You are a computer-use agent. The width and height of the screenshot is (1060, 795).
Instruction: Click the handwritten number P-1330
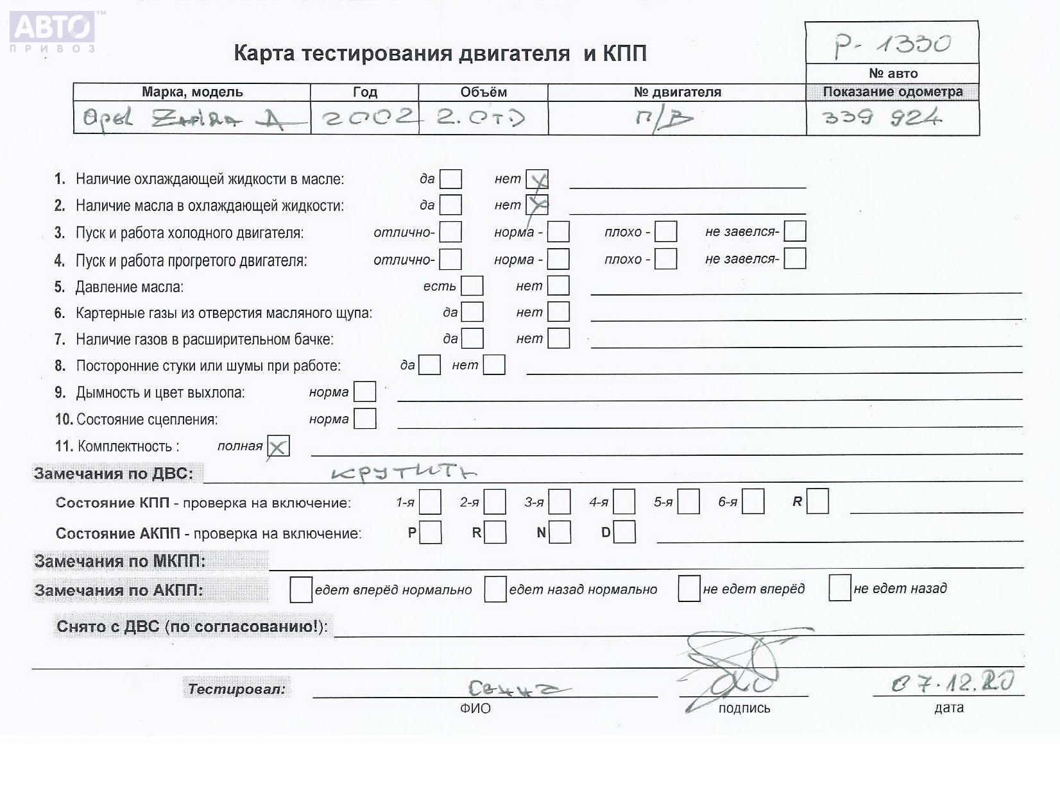pyautogui.click(x=892, y=44)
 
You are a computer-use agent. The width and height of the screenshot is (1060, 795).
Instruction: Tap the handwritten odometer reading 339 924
pyautogui.click(x=882, y=117)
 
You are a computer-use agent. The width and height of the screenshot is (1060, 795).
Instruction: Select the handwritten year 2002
pyautogui.click(x=366, y=117)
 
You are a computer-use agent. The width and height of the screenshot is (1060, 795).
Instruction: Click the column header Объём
pyautogui.click(x=483, y=92)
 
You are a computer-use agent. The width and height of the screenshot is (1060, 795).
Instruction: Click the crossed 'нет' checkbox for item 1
pyautogui.click(x=537, y=180)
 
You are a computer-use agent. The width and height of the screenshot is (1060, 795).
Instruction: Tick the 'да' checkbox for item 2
pyautogui.click(x=450, y=205)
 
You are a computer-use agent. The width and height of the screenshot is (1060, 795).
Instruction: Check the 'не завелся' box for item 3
pyautogui.click(x=795, y=231)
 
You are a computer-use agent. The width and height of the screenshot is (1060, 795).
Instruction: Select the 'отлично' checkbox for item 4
pyautogui.click(x=450, y=259)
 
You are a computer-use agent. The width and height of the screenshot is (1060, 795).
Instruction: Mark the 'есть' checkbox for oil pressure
pyautogui.click(x=472, y=286)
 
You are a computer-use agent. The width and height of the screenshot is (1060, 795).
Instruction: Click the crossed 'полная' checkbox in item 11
pyautogui.click(x=278, y=446)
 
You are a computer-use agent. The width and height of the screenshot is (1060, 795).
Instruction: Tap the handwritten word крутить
pyautogui.click(x=404, y=473)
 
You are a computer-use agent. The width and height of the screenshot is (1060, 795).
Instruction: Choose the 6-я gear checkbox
pyautogui.click(x=753, y=502)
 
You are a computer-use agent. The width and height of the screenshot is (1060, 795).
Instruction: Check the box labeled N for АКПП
pyautogui.click(x=560, y=532)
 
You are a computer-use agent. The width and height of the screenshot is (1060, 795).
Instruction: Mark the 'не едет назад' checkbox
pyautogui.click(x=839, y=588)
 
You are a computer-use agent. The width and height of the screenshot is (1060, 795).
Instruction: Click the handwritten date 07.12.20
pyautogui.click(x=952, y=683)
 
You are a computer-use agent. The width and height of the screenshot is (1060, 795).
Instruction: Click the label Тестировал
pyautogui.click(x=236, y=689)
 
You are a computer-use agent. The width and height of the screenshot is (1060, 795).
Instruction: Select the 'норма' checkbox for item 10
pyautogui.click(x=365, y=419)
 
